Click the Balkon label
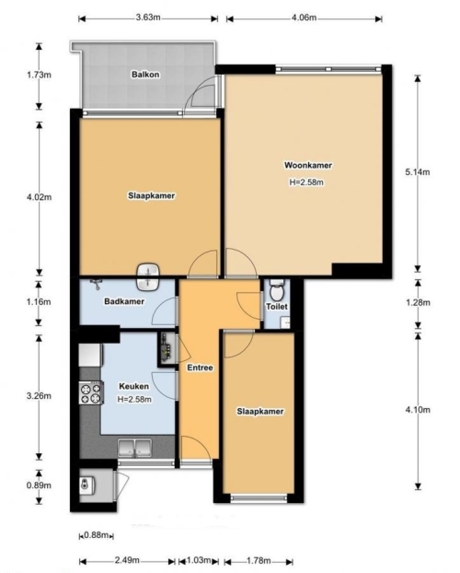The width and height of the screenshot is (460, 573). (x=145, y=75)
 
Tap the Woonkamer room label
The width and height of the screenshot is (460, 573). (x=308, y=165)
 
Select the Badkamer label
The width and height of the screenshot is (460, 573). (x=124, y=301)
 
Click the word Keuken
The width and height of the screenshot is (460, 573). (x=134, y=386)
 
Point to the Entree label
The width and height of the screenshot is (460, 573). (x=200, y=368)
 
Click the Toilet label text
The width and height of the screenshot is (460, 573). (x=277, y=306)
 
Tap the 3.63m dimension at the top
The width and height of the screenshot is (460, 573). (x=148, y=18)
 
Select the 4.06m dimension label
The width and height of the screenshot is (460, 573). (x=305, y=18)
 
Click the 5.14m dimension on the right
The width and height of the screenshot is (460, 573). (x=418, y=171)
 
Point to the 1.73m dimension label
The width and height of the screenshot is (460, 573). (x=39, y=75)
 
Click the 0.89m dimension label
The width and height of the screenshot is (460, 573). (x=39, y=485)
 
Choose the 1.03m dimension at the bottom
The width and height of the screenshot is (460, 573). (x=199, y=560)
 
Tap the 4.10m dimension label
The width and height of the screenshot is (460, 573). (x=418, y=410)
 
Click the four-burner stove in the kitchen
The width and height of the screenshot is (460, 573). (x=91, y=392)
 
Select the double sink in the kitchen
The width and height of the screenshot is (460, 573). (x=134, y=448)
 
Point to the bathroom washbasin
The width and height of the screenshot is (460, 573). (x=148, y=276)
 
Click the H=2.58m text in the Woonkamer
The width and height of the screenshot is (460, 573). (x=306, y=182)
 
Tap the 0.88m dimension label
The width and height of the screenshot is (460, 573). (x=97, y=535)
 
